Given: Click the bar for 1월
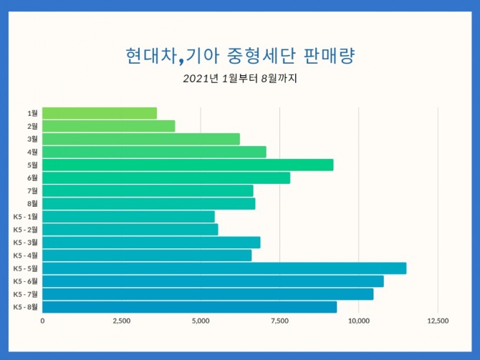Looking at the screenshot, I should [100, 113].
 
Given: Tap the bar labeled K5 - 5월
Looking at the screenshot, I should [224, 268].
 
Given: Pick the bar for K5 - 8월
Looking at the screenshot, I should [189, 307].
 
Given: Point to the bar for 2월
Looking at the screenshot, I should [108, 126].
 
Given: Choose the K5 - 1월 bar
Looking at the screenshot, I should [128, 216].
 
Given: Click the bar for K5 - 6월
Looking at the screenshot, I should [213, 281].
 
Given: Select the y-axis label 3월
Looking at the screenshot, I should [32, 139].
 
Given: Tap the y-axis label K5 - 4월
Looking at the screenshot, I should [25, 256].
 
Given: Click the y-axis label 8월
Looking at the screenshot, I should [32, 203].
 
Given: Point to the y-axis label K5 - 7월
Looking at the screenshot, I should [25, 294].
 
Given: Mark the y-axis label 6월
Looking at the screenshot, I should [32, 177].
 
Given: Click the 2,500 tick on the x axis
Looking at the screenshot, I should [121, 321].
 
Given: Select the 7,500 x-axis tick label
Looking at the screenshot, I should [279, 321].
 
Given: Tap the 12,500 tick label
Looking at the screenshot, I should [438, 321].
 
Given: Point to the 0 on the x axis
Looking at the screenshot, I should [42, 321].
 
